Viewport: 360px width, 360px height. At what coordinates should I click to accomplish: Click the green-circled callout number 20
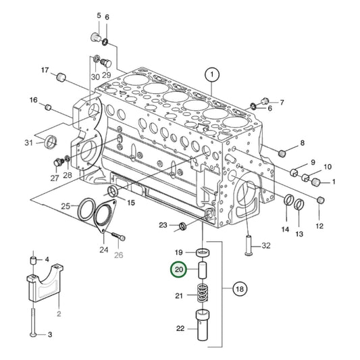point(179,271)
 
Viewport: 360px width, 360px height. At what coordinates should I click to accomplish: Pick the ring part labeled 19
point(202,253)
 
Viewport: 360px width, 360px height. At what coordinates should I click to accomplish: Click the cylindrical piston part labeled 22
point(202,326)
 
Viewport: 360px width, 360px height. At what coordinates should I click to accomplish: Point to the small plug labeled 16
point(48,107)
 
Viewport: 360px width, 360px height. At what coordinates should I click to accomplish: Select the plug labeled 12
point(321,201)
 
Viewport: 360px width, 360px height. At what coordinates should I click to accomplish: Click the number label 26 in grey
point(119,255)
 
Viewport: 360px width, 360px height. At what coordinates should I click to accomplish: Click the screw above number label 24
point(120,236)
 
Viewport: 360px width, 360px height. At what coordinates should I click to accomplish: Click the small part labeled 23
point(182,225)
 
